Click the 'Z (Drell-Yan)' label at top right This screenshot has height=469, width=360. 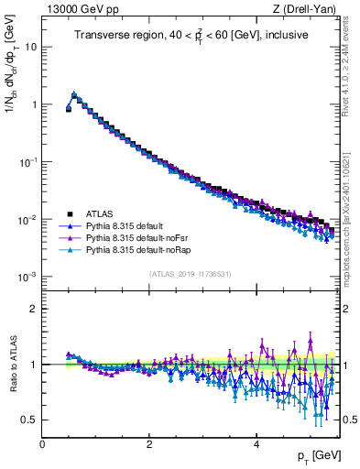pyautogui.click(x=306, y=9)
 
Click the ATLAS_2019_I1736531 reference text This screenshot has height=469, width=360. pyautogui.click(x=191, y=274)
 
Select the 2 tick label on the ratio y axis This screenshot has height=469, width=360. pyautogui.click(x=33, y=309)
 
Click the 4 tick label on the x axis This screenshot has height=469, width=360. pyautogui.click(x=256, y=444)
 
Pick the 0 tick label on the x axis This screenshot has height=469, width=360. pyautogui.click(x=42, y=444)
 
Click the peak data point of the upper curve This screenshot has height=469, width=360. pyautogui.click(x=74, y=93)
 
